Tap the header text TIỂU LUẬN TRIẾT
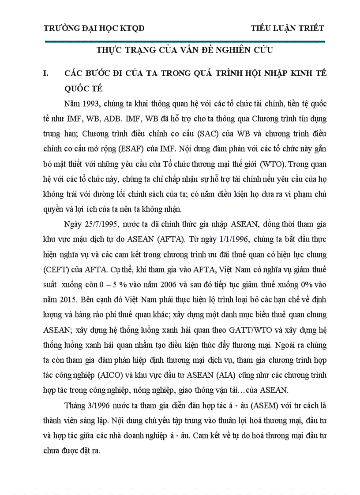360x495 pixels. [x=287, y=29]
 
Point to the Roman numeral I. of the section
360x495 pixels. [x=45, y=73]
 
